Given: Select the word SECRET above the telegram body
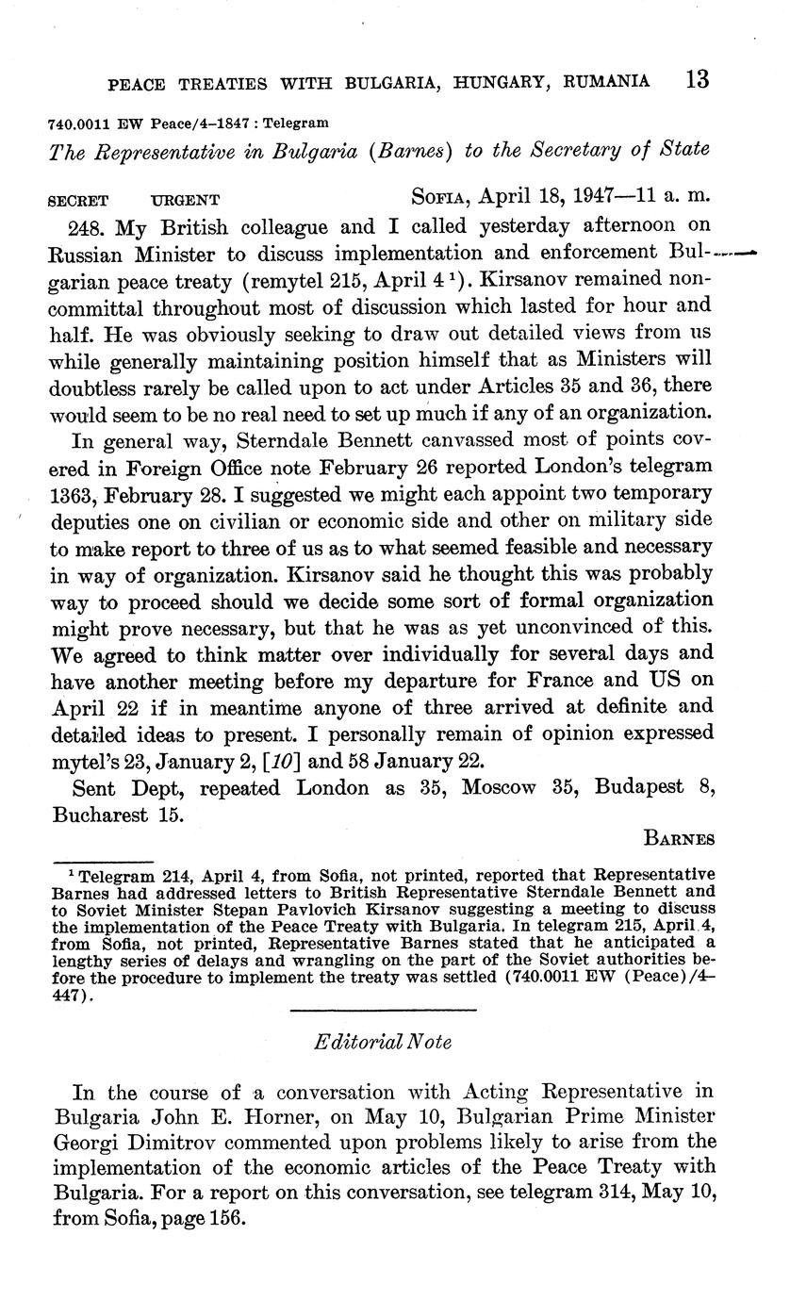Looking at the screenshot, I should coord(78,200).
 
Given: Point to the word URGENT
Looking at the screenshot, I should coord(186,200).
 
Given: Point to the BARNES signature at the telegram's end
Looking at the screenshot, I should coord(680,839).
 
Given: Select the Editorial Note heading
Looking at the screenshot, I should coord(383,1042).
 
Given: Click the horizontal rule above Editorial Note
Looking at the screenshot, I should coord(383,1011).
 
